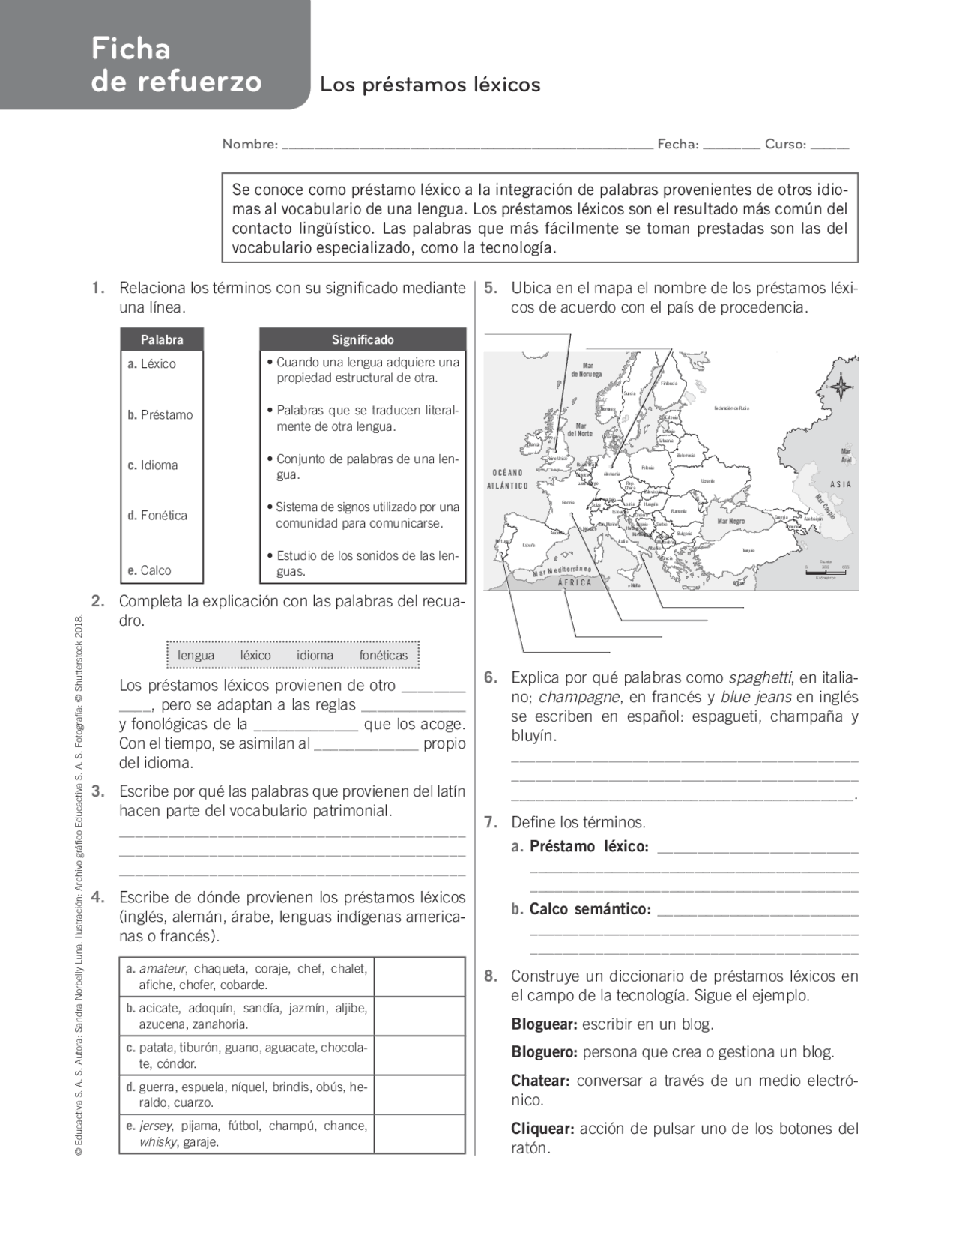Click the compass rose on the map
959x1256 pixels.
pos(841,387)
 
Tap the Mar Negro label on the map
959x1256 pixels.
pos(730,520)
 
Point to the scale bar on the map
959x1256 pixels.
pos(826,573)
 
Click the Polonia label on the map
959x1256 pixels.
pos(648,468)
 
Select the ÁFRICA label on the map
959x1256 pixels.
pos(575,582)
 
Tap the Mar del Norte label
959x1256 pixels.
pos(580,429)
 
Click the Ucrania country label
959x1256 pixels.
pos(707,480)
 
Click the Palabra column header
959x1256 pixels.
pos(162,339)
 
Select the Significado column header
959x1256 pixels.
pos(363,339)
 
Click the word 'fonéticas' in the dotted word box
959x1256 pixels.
pos(383,655)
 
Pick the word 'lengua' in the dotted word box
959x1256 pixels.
pos(196,655)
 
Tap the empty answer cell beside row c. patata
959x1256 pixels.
pos(419,1055)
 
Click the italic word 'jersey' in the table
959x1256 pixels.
pos(156,1126)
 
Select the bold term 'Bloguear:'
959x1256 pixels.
pos(544,1024)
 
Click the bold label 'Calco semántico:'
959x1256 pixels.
pos(590,909)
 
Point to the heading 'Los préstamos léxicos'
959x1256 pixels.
pos(430,85)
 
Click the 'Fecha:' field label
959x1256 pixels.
pos(677,144)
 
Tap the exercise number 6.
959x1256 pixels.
pos(490,677)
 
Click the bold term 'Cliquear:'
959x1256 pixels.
pos(542,1128)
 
